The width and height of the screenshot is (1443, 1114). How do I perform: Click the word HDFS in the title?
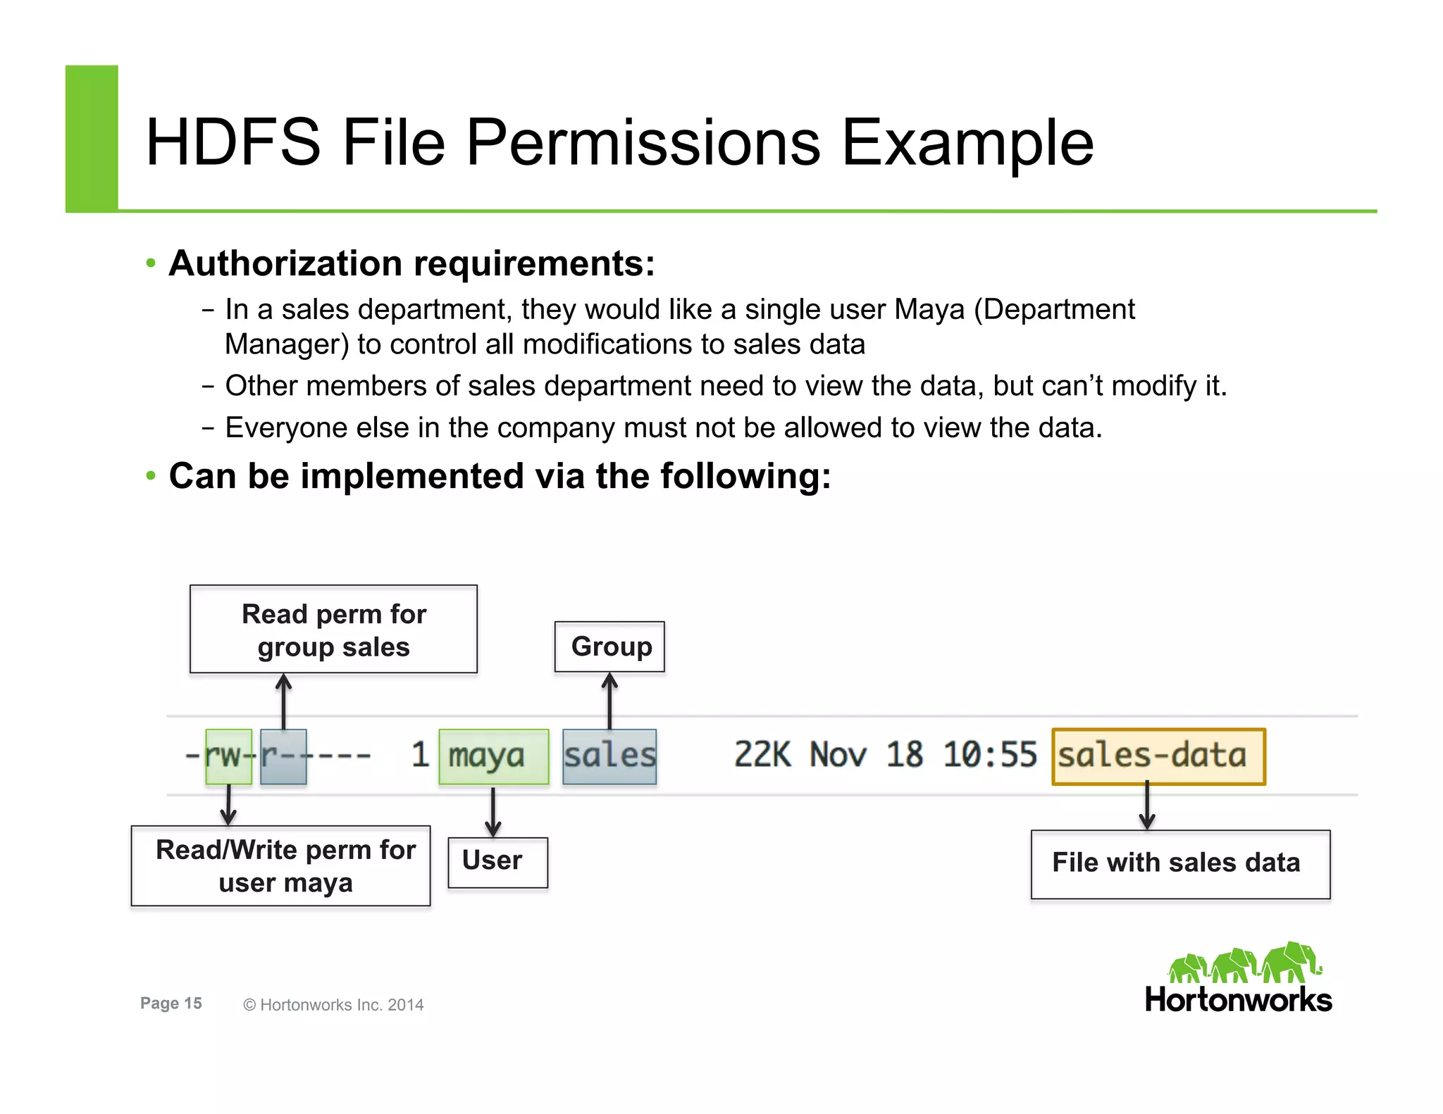(233, 143)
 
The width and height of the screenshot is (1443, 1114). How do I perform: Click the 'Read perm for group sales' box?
(333, 630)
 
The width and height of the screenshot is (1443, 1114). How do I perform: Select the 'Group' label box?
(609, 646)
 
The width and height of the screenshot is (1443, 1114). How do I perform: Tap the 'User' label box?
(497, 861)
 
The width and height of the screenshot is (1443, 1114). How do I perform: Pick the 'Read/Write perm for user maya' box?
(281, 865)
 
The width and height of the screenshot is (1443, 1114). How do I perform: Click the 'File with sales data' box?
(1180, 864)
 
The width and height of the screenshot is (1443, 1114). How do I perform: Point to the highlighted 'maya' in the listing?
(493, 756)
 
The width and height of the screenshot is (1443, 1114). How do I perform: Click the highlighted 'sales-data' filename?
(1158, 756)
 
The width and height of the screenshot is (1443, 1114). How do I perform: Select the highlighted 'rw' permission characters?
(228, 756)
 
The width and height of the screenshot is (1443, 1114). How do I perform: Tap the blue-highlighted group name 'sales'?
(609, 756)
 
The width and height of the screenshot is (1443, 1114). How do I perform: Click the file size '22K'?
(762, 755)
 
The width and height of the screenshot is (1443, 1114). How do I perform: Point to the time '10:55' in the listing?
(989, 755)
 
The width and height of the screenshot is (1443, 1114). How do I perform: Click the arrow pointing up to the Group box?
(610, 700)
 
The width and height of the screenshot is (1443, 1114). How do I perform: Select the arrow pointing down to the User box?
(493, 811)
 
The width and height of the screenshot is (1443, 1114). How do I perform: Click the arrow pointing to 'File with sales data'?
(1147, 806)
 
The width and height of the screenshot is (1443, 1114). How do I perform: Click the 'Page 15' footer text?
(171, 1003)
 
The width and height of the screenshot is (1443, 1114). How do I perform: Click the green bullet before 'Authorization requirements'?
(151, 264)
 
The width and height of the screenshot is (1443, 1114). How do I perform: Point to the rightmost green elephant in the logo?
(1291, 962)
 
